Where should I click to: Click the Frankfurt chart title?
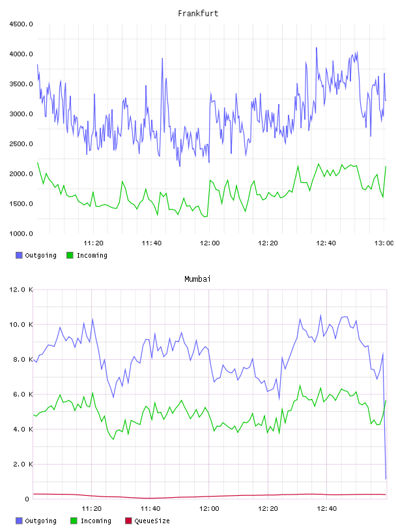click(x=198, y=13)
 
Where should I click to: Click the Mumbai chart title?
click(x=197, y=279)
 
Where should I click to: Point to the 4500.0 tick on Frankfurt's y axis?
click(x=21, y=24)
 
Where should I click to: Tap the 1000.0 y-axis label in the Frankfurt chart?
click(x=21, y=234)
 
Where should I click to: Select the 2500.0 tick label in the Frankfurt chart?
click(x=21, y=144)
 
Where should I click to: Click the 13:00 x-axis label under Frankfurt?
click(x=384, y=243)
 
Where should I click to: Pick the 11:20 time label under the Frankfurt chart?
click(x=93, y=243)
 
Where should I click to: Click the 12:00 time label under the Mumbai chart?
click(x=209, y=508)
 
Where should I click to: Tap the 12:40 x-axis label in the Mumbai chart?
click(x=326, y=508)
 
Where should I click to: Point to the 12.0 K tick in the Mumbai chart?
click(x=21, y=290)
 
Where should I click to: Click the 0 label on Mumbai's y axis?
click(x=27, y=499)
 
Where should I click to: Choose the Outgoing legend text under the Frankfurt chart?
click(x=40, y=255)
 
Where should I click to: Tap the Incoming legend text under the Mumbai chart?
click(x=96, y=521)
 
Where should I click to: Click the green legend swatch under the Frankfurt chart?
click(x=70, y=255)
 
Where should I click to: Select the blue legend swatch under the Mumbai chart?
click(x=19, y=521)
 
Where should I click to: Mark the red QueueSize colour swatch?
click(x=128, y=521)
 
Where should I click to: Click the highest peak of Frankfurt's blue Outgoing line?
click(x=317, y=48)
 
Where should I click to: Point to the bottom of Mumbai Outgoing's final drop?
click(x=386, y=479)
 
